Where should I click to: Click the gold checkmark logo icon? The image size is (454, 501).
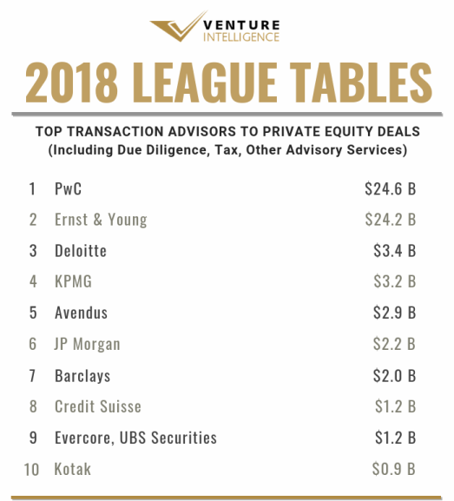tap(178, 27)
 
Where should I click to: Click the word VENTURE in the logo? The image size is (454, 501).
tap(241, 25)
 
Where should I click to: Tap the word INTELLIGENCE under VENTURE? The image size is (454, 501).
tap(241, 37)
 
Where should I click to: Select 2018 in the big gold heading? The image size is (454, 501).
tap(71, 82)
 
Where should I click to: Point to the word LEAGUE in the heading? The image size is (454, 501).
tap(204, 82)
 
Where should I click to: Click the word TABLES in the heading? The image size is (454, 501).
tap(361, 82)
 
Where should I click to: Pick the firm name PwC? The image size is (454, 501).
tap(68, 188)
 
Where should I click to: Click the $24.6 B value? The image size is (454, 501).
tap(391, 188)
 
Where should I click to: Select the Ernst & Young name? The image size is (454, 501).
tap(101, 220)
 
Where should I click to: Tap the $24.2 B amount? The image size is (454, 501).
tap(391, 220)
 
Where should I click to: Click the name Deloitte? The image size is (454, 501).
tap(81, 251)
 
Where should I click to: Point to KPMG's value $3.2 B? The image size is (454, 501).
tap(395, 281)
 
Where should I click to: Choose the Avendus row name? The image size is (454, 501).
tap(81, 313)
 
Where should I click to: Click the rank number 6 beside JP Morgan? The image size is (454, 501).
tap(33, 344)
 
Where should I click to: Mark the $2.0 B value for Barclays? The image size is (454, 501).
tap(395, 375)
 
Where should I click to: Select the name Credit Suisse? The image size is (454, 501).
tap(98, 406)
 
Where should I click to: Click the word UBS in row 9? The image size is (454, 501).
tap(133, 438)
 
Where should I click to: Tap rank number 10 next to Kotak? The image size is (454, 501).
tap(31, 470)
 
